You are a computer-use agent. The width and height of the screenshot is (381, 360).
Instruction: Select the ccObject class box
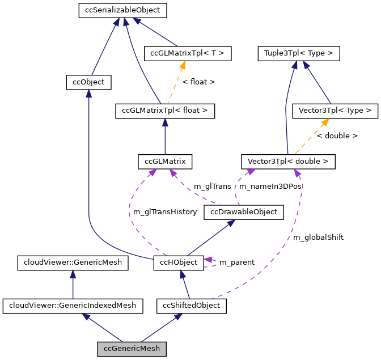[88, 82]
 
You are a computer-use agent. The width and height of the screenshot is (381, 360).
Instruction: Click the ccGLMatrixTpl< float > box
[165, 111]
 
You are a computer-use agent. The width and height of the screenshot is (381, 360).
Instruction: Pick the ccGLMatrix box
[165, 162]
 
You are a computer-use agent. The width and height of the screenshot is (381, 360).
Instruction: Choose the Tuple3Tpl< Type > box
[299, 54]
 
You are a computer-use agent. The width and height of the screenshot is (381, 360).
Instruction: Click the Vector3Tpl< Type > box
[335, 111]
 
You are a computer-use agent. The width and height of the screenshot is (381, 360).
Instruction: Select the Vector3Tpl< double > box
[288, 162]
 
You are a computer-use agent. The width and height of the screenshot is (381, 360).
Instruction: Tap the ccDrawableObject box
[244, 212]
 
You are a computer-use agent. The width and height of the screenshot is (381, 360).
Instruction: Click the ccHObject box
[179, 263]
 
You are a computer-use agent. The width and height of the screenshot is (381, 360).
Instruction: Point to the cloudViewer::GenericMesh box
[73, 263]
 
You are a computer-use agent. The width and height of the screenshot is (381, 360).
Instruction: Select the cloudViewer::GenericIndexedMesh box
[73, 306]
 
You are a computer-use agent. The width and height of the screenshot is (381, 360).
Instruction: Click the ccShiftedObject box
[192, 306]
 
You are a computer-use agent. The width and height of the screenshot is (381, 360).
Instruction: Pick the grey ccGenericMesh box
[132, 348]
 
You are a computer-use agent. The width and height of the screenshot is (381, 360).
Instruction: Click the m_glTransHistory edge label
[165, 212]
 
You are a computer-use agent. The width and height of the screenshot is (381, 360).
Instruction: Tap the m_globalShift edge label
[318, 238]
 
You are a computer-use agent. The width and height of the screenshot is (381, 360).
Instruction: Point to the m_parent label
[236, 262]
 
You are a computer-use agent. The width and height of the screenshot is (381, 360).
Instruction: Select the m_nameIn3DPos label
[270, 187]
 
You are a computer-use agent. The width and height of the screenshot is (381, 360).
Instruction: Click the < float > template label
[198, 82]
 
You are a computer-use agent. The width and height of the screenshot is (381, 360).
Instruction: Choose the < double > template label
[337, 136]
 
